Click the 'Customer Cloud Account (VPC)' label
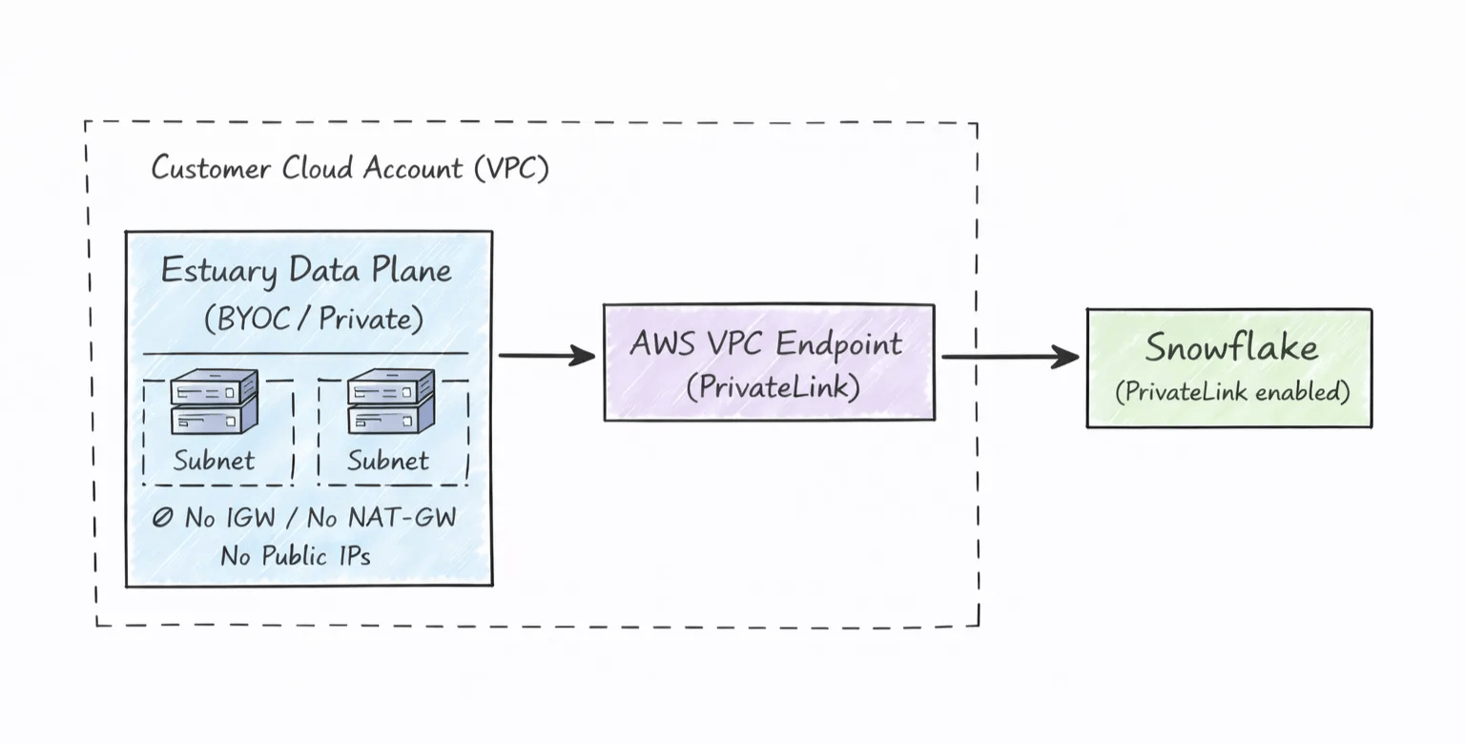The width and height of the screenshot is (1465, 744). [x=349, y=169]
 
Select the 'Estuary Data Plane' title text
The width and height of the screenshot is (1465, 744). [x=306, y=271]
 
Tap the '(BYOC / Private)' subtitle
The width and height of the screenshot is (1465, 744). [x=313, y=319]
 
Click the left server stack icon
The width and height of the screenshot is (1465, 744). [x=214, y=402]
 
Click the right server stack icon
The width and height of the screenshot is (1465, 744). [x=390, y=402]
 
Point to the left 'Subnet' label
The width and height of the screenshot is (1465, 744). [x=214, y=461]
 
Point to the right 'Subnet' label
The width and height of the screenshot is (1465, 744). [x=388, y=461]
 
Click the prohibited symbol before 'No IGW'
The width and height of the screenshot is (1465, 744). [x=163, y=518]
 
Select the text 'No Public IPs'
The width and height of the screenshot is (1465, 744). [x=296, y=555]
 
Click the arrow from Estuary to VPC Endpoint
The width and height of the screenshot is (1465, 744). [x=546, y=357]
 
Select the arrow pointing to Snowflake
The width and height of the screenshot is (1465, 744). [x=1009, y=358]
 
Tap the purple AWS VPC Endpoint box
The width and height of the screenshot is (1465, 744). [x=769, y=362]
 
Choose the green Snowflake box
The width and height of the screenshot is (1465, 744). [x=1228, y=367]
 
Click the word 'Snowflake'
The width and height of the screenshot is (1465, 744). [x=1231, y=348]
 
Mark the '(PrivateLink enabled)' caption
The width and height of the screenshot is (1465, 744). [x=1232, y=392]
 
